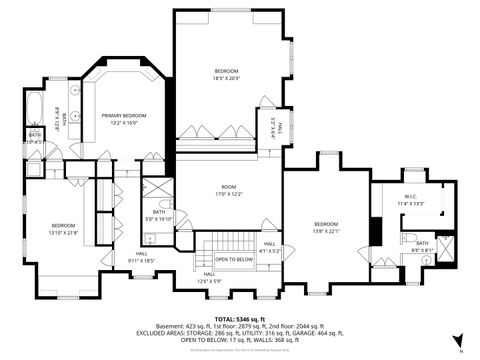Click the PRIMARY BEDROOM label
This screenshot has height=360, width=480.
click(x=125, y=119)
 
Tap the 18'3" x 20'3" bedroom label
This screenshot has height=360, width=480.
click(x=226, y=74)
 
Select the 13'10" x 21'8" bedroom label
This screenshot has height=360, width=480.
click(x=64, y=229)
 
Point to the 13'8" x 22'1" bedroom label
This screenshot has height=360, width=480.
click(x=327, y=227)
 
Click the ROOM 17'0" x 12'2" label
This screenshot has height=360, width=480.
click(x=229, y=191)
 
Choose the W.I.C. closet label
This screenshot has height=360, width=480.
click(x=411, y=199)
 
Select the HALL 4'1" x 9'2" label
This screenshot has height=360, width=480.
click(x=270, y=246)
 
